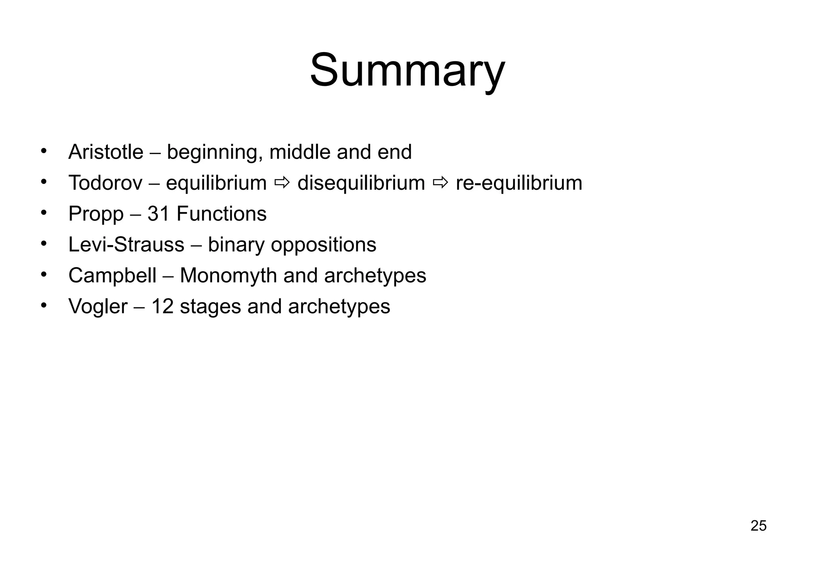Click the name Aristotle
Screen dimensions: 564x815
106,152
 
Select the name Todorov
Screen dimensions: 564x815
105,183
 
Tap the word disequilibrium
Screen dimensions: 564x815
361,183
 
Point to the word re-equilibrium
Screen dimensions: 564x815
519,183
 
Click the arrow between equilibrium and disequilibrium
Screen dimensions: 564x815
282,183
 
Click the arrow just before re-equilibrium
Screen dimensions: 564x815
440,183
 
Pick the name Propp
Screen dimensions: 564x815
96,214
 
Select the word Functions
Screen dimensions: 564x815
221,214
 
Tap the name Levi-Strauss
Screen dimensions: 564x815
126,245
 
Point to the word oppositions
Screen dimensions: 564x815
323,245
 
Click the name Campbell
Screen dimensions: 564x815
112,276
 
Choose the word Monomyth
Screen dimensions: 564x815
228,276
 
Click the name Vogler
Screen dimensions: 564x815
98,307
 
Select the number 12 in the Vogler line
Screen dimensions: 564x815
162,307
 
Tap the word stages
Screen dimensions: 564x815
210,307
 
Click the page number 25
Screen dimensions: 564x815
758,526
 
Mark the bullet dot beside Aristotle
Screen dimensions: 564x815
44,152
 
